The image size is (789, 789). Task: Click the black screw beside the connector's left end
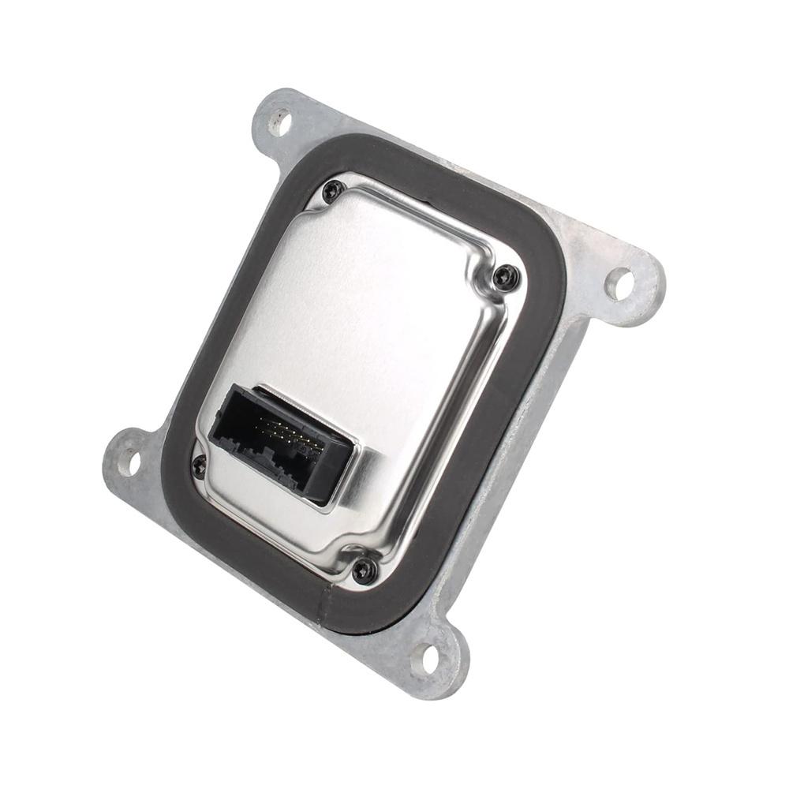199,466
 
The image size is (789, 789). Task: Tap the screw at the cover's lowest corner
365,570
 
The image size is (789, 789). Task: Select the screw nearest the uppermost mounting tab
334,190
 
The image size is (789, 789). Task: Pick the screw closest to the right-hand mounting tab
505,275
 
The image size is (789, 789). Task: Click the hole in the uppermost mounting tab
279,122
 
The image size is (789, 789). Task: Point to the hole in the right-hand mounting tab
619,282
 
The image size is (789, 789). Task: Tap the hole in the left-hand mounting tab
129,461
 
